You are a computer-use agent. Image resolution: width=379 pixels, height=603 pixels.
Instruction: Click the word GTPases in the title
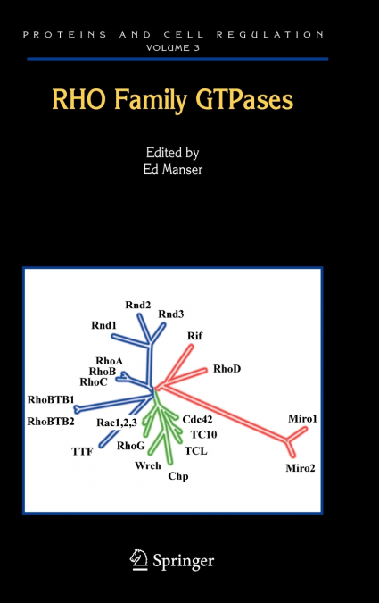(244, 100)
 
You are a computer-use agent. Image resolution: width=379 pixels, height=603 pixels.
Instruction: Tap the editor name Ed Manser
(173, 170)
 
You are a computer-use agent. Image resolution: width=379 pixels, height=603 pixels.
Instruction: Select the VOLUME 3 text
(173, 47)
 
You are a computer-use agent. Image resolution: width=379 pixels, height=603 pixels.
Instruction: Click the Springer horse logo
(138, 560)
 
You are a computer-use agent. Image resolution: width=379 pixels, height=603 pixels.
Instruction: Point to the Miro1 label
(302, 418)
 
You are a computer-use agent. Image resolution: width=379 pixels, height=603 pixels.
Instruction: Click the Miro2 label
(301, 468)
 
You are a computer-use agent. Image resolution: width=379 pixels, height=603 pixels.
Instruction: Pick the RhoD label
(227, 369)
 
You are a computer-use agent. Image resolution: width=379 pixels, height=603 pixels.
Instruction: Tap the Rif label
(194, 336)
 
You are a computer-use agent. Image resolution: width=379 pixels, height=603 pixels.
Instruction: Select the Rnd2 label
(138, 305)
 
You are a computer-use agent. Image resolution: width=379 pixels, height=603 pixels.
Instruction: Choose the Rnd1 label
(103, 325)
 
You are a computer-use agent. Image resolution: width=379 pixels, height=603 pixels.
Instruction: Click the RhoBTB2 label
(51, 422)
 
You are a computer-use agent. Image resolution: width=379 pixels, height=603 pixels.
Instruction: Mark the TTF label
(82, 451)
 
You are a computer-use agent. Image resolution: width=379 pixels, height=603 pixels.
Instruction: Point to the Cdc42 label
(197, 419)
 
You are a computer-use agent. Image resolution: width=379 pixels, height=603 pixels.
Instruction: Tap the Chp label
(178, 476)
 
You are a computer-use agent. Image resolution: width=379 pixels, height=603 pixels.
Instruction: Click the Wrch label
(148, 465)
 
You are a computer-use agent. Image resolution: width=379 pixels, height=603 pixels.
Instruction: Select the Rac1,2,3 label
(117, 423)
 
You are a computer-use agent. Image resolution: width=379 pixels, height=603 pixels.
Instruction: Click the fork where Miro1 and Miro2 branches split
(287, 440)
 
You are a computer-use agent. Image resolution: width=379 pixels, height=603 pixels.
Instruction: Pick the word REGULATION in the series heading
(270, 35)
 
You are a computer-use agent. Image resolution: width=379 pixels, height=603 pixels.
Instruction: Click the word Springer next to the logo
(183, 562)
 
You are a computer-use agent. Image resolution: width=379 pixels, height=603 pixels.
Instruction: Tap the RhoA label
(110, 361)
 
